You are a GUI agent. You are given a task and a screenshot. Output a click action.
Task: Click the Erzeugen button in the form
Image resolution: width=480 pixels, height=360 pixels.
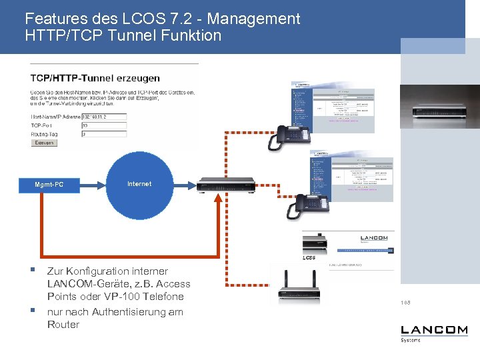click(x=45, y=143)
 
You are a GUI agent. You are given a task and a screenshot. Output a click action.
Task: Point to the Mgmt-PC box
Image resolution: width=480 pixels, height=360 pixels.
click(x=49, y=184)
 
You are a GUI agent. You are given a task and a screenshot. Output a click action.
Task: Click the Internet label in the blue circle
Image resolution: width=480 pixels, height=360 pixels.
click(x=139, y=183)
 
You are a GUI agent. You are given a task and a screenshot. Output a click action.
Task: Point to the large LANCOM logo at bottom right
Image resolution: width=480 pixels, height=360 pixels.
click(x=434, y=330)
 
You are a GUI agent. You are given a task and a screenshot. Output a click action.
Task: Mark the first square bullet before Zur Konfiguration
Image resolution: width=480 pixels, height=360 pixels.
click(x=31, y=271)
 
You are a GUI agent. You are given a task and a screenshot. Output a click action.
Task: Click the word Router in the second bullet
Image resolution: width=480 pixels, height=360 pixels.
click(x=63, y=325)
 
